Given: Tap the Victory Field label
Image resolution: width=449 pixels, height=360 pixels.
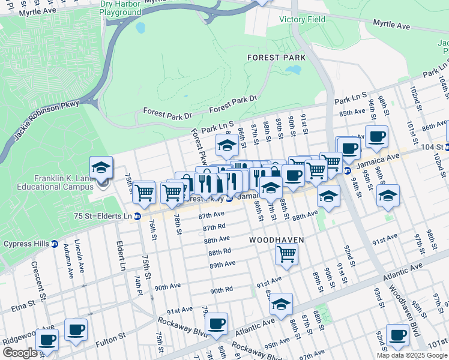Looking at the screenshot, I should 303,19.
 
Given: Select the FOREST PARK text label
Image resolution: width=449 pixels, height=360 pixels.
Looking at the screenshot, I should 276,58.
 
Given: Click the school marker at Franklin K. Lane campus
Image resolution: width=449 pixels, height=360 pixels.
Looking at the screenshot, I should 101,169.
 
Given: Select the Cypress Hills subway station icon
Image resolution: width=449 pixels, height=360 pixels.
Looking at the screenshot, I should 54,244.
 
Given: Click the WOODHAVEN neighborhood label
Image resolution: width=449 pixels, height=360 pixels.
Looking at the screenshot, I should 277,239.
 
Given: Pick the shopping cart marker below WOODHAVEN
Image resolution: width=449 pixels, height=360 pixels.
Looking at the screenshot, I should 287,255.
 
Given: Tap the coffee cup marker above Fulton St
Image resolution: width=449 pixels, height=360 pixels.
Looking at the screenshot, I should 76,330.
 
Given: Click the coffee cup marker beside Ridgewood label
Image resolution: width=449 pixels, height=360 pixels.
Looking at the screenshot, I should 47,340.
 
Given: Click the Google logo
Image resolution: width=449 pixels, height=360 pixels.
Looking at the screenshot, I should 20,353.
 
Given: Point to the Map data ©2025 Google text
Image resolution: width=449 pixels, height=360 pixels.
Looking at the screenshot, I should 412,355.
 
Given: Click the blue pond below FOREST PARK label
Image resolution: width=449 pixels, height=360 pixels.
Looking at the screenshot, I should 292,70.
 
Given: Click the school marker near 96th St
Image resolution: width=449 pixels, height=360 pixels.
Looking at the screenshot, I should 388,196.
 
